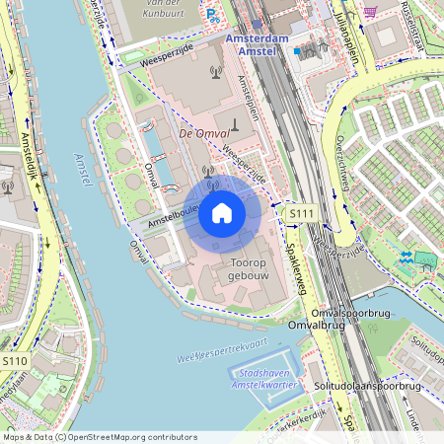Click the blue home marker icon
(x=222, y=212)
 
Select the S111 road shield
(x=301, y=213)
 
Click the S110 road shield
(x=15, y=362)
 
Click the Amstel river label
(x=83, y=170)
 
